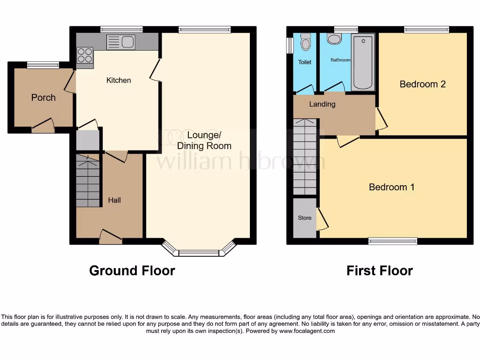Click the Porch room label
[43, 97]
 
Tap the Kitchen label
[119, 80]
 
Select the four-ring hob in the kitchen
[85, 58]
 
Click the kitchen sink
[121, 42]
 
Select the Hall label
[114, 200]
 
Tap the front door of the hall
[111, 237]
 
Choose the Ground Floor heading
[132, 270]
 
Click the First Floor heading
[379, 270]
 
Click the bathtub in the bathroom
[363, 61]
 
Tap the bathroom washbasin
[334, 39]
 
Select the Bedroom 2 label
[422, 84]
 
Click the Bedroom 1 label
[391, 187]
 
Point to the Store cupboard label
[305, 218]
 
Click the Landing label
[322, 104]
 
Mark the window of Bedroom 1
[392, 241]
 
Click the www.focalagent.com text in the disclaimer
[307, 331]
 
